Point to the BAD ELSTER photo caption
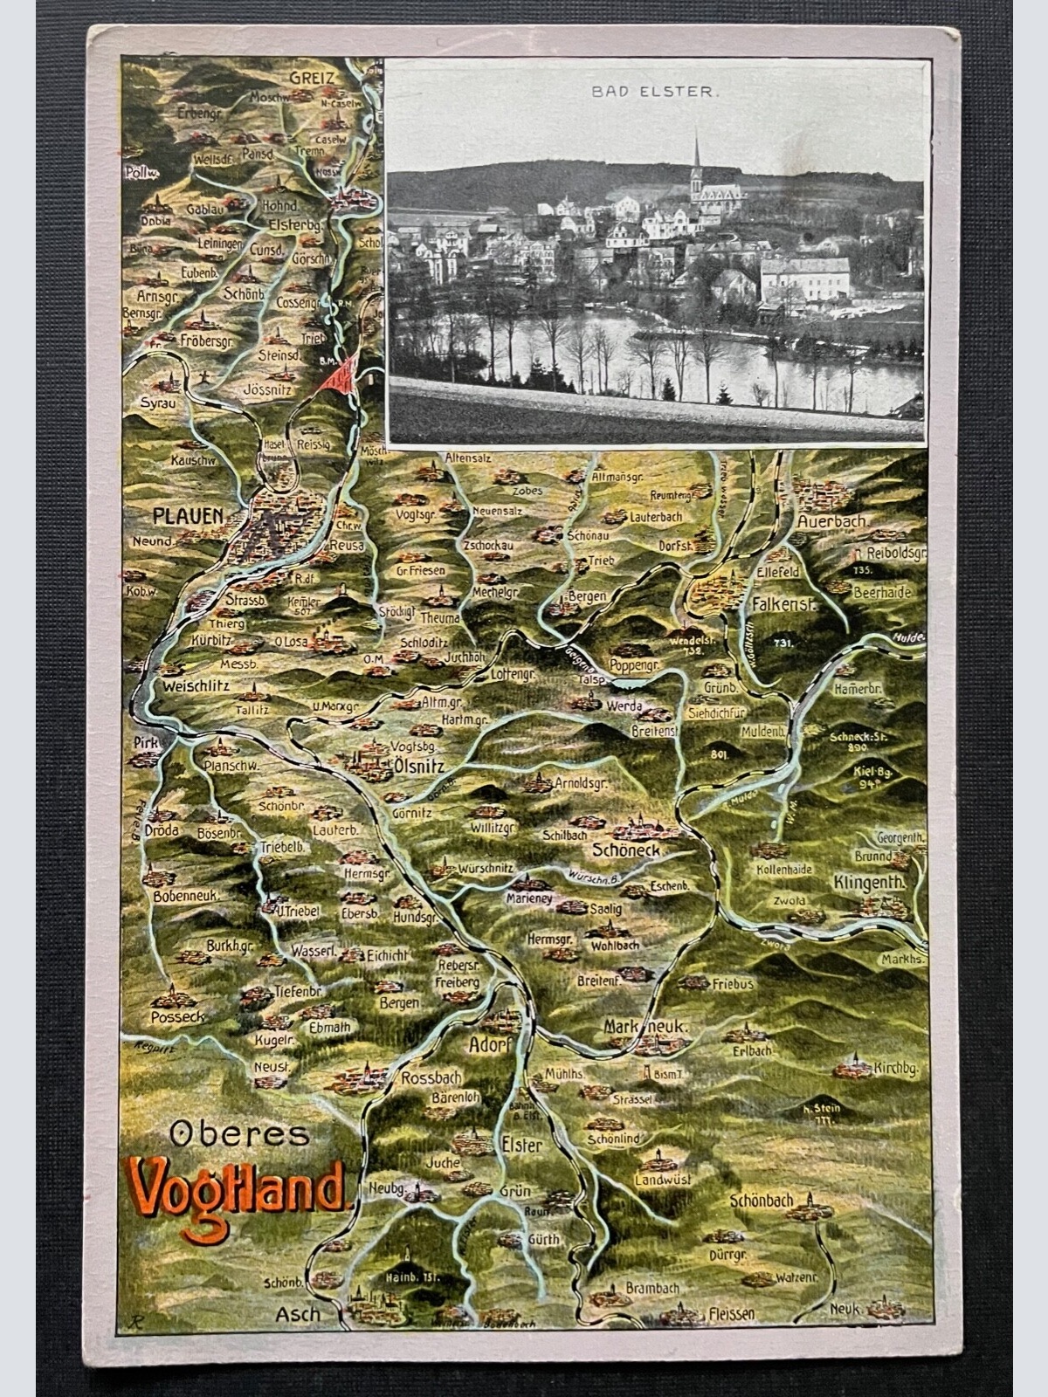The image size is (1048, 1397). point(655,91)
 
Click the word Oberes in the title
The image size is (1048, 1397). point(239,1134)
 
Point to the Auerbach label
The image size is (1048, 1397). point(832,521)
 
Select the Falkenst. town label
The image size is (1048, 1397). point(783,603)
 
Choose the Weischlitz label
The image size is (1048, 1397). point(196,686)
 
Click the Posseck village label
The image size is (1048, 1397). point(177,1016)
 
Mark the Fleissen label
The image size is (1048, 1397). point(732,1313)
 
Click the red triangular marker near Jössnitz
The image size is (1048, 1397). point(340,375)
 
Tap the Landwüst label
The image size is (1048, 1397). point(665,1180)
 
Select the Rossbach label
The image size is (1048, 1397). point(431,1078)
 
